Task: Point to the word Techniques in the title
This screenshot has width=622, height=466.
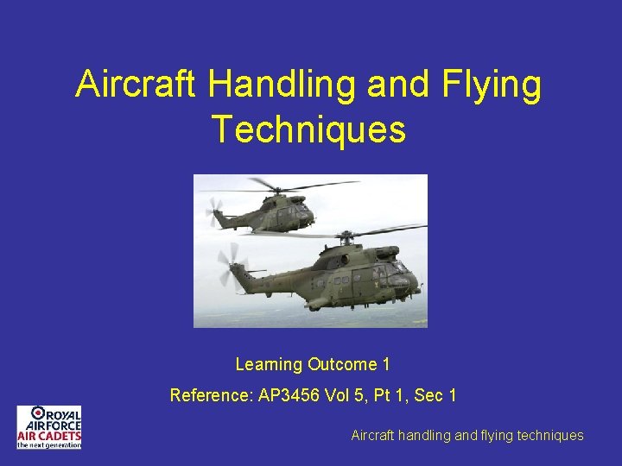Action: (308, 129)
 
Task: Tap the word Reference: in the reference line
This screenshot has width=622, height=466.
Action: (211, 396)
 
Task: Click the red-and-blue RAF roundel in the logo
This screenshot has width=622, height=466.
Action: (38, 413)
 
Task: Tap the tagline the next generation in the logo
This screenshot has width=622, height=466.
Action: (49, 444)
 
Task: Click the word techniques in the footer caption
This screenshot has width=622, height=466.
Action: (549, 436)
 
